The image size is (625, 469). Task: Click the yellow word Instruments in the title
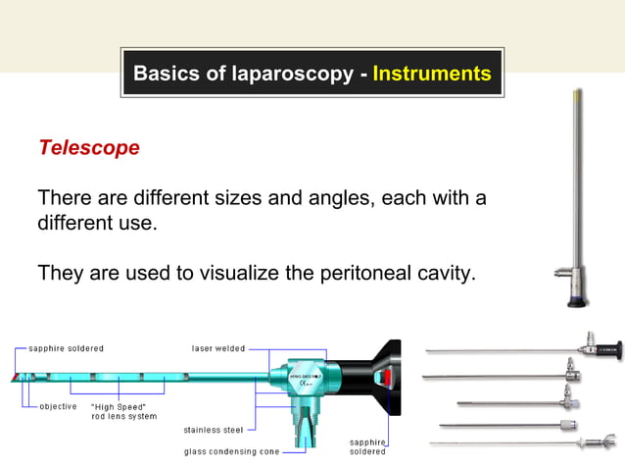432,74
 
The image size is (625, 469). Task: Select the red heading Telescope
88,148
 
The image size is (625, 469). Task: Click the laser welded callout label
217,348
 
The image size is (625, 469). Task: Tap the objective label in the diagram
58,406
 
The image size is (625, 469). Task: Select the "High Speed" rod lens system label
122,411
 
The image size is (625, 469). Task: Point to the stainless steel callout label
214,430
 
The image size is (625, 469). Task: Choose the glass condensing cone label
231,451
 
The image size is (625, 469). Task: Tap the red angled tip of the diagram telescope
17,378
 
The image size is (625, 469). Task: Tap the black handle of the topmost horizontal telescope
606,346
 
